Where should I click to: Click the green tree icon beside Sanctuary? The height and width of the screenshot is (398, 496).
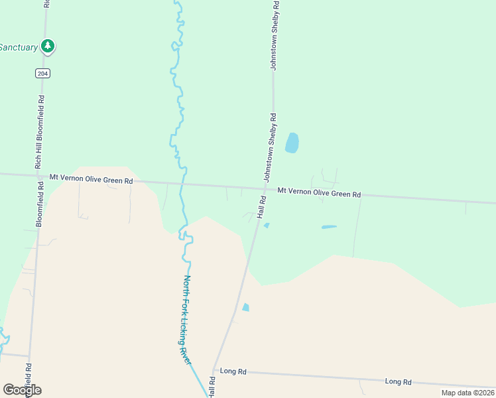point(47,46)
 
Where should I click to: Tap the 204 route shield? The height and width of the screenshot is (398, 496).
point(44,74)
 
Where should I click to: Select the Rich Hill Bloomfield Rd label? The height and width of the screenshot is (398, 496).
point(40,132)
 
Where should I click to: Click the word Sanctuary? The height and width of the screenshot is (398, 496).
point(19,47)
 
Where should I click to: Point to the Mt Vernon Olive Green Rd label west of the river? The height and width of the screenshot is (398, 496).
point(92,179)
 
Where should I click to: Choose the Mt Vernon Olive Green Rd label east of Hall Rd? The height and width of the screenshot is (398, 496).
point(319,192)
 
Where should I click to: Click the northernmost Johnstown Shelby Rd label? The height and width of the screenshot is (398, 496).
point(275,36)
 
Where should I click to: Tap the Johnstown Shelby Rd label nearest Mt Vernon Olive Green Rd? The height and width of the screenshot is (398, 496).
point(270,147)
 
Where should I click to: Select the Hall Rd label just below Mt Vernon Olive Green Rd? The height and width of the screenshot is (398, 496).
point(262,208)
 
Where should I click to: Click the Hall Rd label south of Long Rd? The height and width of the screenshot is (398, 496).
point(212,387)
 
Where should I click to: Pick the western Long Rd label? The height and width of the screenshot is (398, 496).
point(233,372)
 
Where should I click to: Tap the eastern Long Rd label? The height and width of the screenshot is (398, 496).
point(398,381)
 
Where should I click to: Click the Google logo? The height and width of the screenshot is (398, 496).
point(22,389)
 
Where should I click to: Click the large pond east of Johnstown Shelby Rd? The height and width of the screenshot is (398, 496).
point(292,143)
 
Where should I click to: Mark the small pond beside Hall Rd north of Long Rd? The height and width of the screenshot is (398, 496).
point(246,307)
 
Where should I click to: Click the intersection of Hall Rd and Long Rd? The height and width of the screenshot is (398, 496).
point(214,369)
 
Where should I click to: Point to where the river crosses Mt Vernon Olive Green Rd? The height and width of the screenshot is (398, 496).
point(182,184)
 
